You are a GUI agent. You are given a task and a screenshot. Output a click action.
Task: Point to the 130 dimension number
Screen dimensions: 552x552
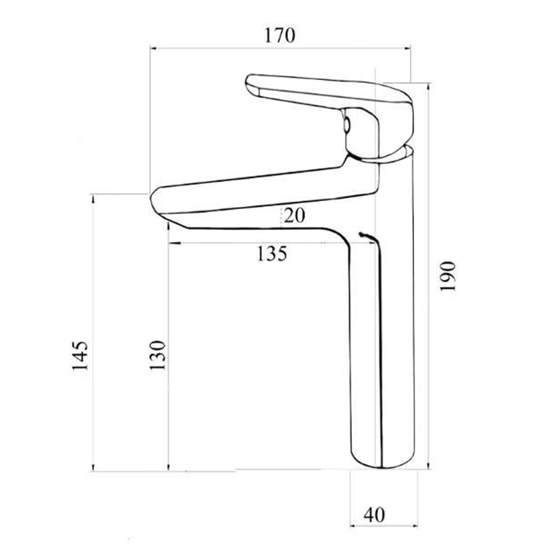[158, 356]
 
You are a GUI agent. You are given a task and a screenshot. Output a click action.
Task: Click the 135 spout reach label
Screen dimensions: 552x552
[272, 255]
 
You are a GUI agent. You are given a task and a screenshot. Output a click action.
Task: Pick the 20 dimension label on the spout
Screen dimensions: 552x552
[293, 216]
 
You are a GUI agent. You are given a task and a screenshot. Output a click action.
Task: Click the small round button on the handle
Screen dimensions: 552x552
[348, 126]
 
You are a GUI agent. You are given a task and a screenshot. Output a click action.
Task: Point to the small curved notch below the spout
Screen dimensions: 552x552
[366, 237]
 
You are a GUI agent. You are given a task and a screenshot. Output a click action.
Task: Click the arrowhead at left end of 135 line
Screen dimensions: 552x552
[172, 244]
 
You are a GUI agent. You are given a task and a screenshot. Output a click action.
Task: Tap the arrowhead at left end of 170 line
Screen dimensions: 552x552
[155, 48]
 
